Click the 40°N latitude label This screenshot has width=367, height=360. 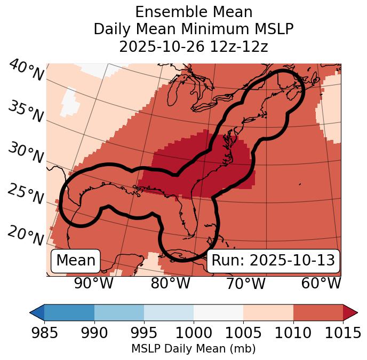(26, 71)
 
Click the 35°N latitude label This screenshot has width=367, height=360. (26, 111)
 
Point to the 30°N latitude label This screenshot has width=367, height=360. (26, 153)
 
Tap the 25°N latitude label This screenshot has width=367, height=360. (26, 194)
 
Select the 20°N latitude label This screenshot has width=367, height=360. (26, 234)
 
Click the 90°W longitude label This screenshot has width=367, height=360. (94, 283)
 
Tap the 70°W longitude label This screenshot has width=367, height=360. (246, 283)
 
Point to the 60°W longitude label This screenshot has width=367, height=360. (321, 283)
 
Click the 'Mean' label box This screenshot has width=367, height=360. (76, 261)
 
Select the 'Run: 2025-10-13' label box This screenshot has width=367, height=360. (273, 261)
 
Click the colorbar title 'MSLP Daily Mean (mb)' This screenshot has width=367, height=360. (193, 349)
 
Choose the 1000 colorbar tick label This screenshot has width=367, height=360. (194, 333)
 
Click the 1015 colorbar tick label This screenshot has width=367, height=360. (343, 333)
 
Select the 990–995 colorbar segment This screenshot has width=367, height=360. (119, 312)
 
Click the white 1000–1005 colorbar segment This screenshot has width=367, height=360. (218, 312)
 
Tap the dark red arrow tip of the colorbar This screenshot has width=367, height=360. (351, 312)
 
